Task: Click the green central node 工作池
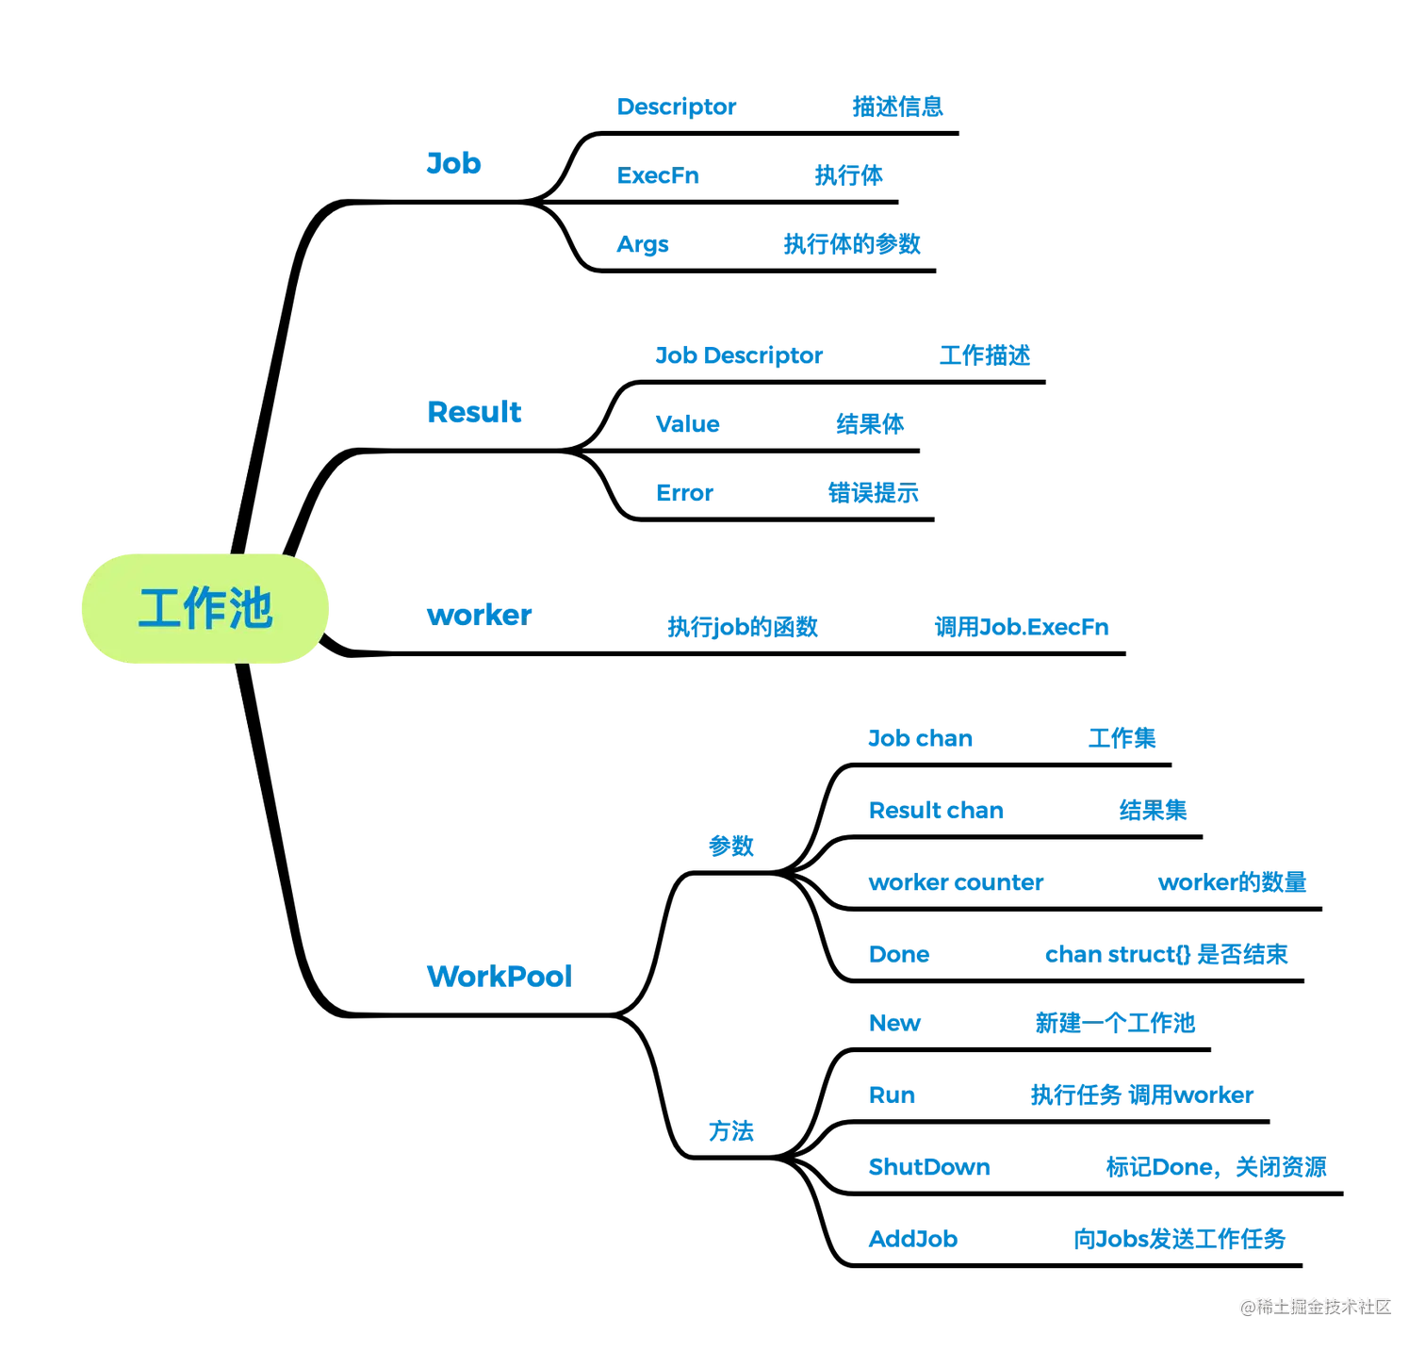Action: point(204,609)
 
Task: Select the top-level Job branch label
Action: point(453,163)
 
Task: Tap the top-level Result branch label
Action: point(473,412)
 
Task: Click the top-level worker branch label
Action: point(479,615)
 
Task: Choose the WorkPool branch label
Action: point(499,976)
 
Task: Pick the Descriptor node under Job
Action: point(675,107)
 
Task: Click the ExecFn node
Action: point(657,175)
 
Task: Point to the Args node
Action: point(642,245)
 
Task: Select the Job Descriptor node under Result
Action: point(740,355)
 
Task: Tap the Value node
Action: point(688,424)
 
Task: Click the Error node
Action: point(683,492)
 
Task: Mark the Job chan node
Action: point(920,738)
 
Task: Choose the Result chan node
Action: point(937,810)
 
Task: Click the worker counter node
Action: point(956,883)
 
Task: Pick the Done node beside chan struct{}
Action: point(899,954)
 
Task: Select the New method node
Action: point(894,1023)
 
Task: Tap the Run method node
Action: point(892,1095)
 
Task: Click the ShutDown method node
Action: point(929,1168)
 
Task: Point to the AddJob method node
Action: point(913,1238)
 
